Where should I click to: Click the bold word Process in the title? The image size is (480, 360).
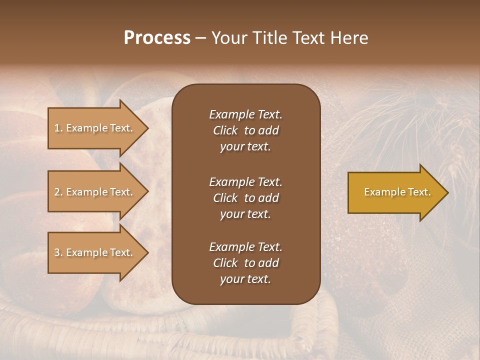pyautogui.click(x=157, y=38)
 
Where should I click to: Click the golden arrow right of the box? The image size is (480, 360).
pyautogui.click(x=390, y=192)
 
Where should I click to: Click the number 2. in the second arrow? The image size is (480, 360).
pyautogui.click(x=58, y=192)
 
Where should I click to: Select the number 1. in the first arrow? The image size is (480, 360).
pyautogui.click(x=58, y=128)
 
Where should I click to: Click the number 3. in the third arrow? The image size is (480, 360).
pyautogui.click(x=58, y=252)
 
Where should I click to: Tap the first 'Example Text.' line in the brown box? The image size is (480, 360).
pyautogui.click(x=245, y=114)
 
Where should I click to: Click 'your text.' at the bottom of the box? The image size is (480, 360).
pyautogui.click(x=245, y=279)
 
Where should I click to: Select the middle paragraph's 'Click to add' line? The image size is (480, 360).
pyautogui.click(x=245, y=198)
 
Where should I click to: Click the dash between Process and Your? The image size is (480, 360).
pyautogui.click(x=200, y=38)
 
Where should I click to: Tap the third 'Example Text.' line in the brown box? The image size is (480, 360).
pyautogui.click(x=245, y=247)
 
